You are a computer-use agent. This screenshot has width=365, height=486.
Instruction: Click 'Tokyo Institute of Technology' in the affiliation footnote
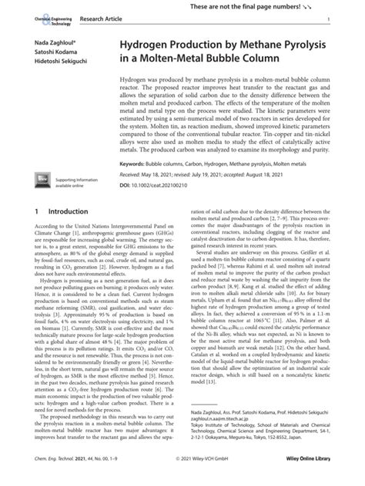pyautogui.click(x=227, y=435)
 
